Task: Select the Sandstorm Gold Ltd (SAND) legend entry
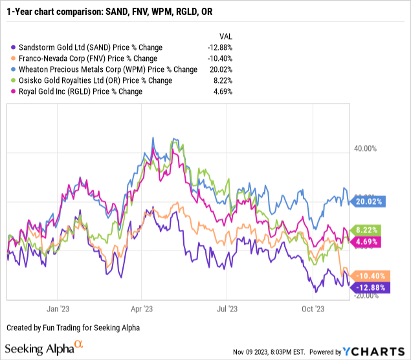(80, 47)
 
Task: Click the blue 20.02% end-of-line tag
(370, 201)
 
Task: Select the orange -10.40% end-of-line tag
(370, 275)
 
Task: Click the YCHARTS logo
(371, 352)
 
